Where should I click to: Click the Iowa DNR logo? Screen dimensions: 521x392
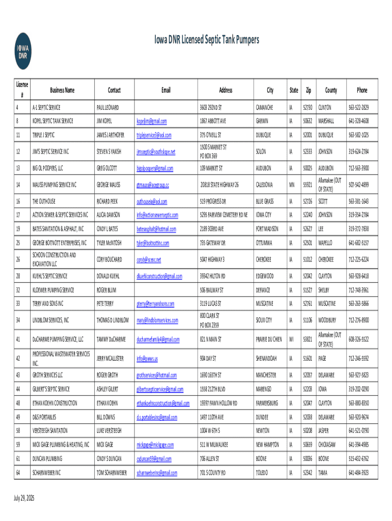22,51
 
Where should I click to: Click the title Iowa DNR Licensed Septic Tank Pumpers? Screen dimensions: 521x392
206,40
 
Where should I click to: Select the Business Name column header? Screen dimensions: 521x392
62,90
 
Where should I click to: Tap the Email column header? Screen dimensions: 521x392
166,90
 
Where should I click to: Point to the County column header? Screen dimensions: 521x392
331,90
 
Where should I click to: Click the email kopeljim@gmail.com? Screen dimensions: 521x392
151,121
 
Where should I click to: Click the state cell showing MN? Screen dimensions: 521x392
292,184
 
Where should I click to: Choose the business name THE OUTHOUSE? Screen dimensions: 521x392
44,201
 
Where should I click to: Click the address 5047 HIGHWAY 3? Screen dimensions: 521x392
213,259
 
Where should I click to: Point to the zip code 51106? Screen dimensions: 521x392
307,320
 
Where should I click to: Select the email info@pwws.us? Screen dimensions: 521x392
147,359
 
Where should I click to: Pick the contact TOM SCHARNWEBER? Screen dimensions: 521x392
111,473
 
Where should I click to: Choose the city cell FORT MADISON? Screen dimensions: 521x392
268,229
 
